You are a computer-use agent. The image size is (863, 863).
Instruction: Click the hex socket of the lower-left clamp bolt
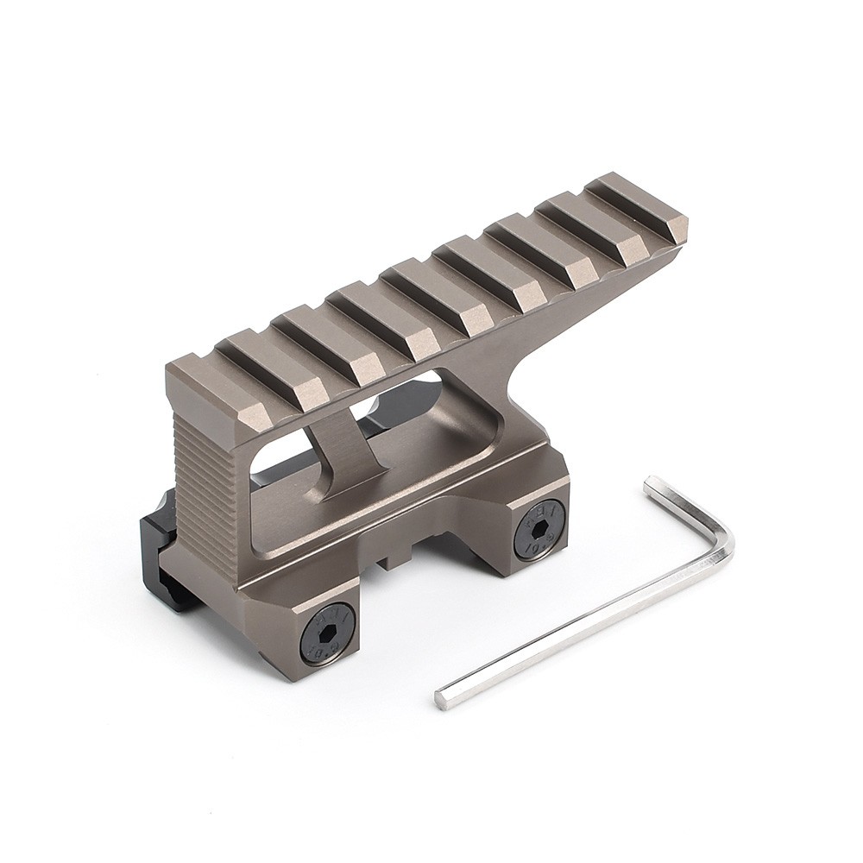tap(324, 638)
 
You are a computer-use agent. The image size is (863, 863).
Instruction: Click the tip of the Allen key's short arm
tap(650, 482)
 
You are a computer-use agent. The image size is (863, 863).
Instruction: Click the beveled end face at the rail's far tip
tap(680, 229)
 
